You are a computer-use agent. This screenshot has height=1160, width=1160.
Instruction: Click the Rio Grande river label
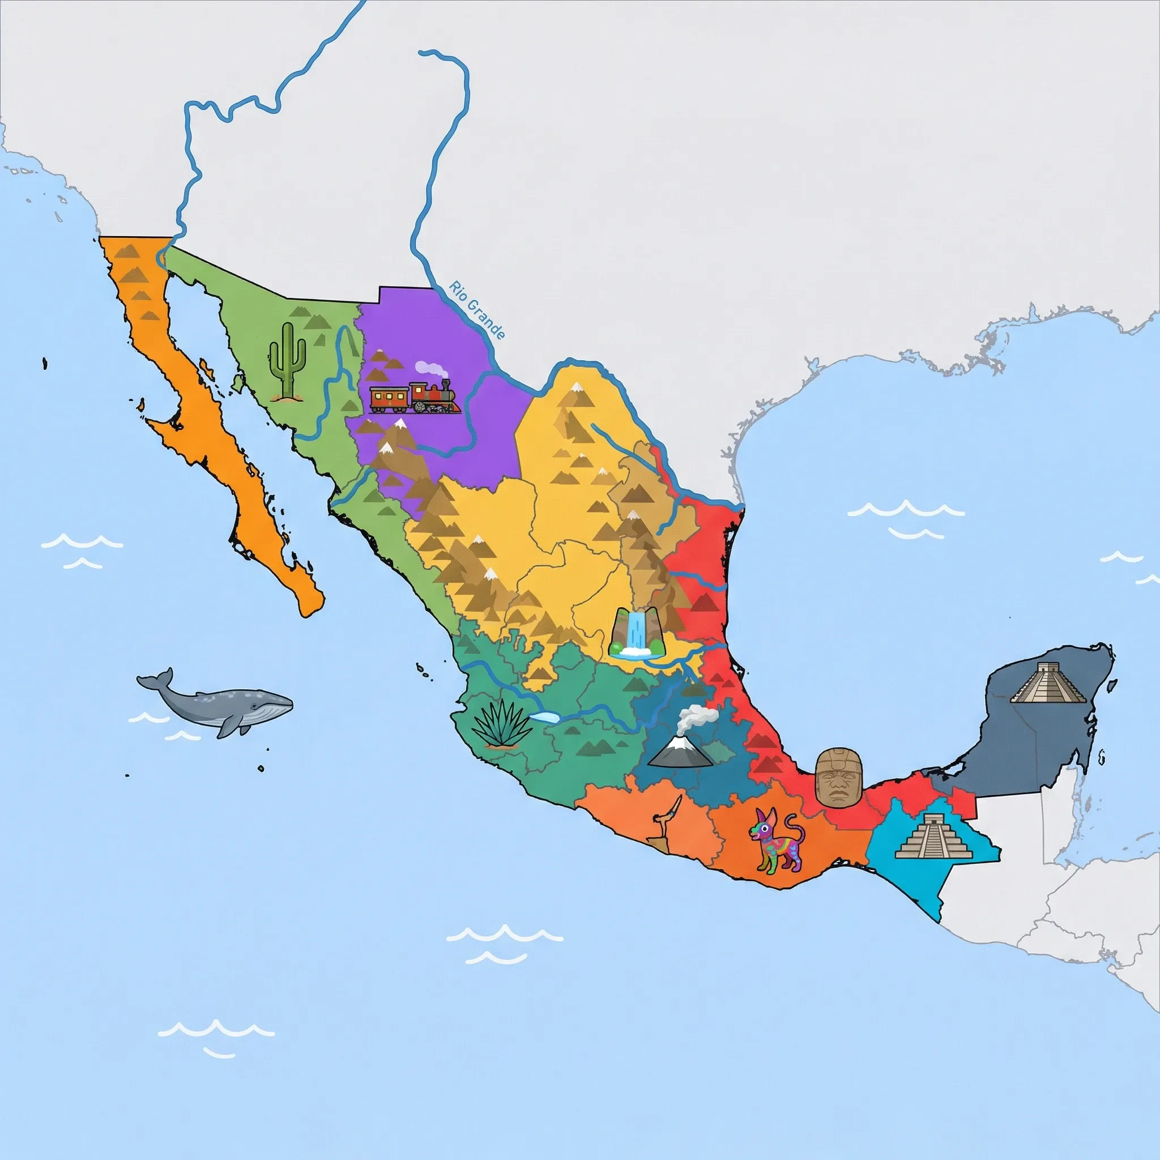477,310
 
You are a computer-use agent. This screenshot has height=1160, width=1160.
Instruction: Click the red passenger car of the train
389,399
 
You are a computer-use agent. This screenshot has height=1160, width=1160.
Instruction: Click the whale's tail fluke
155,681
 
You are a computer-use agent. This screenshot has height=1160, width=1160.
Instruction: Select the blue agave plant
501,724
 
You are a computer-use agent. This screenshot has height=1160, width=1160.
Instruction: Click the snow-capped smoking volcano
680,751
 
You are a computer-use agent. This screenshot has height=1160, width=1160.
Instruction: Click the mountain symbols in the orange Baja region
138,276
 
